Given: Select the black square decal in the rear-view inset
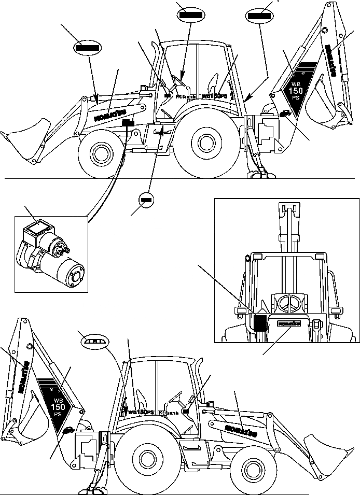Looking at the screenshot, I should (x=259, y=322).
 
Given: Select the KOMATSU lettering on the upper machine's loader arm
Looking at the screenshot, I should (x=110, y=115).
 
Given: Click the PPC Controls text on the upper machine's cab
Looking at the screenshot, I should (x=186, y=96).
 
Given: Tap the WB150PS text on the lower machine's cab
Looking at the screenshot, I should (x=141, y=412).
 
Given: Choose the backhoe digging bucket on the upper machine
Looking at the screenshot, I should (x=322, y=111).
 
